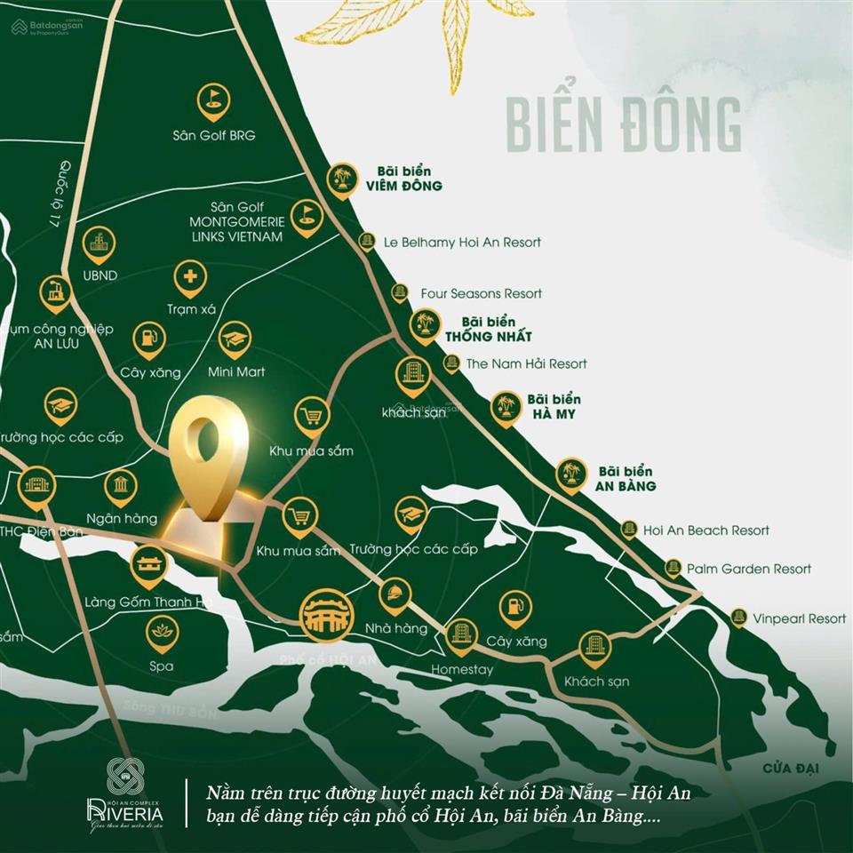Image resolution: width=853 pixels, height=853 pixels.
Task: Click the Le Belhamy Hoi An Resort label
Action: (462, 242)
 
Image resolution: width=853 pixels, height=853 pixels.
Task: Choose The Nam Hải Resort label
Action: (527, 363)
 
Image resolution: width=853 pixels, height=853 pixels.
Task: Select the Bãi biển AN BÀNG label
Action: (626, 479)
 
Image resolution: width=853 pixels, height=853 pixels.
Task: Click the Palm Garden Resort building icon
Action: (673, 568)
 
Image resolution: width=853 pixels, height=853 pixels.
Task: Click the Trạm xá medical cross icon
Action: (190, 278)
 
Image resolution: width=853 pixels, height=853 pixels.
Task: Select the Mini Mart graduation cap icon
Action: (235, 339)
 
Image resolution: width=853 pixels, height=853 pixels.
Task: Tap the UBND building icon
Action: (98, 243)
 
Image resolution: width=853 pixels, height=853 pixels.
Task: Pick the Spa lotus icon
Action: (162, 632)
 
